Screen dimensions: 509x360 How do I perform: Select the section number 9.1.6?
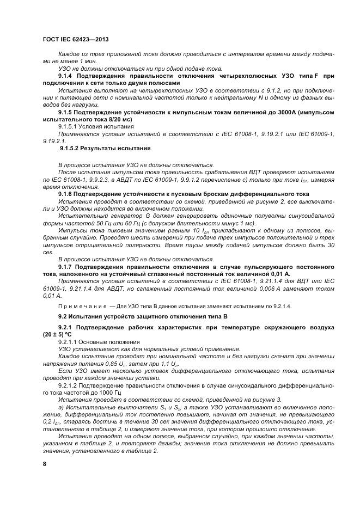point(67,193)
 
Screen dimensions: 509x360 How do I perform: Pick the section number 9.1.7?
point(67,267)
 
